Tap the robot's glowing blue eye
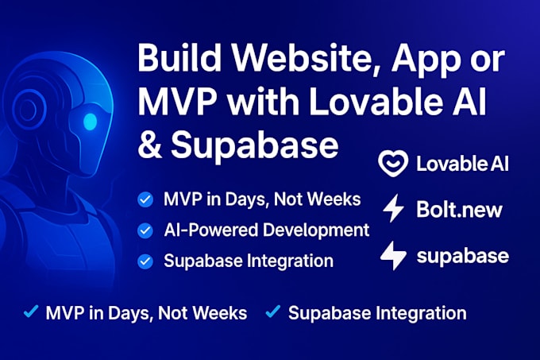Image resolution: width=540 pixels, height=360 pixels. pos(90,122)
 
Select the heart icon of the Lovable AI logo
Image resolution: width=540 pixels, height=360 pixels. pos(393,164)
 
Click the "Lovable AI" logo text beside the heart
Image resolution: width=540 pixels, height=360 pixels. pos(462,165)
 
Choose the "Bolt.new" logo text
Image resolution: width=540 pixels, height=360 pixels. pos(459,210)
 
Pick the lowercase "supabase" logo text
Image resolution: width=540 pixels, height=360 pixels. pos(462,257)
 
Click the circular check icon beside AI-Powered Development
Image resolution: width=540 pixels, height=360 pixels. pos(145,230)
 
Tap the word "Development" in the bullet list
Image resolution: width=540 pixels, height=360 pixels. pos(320,230)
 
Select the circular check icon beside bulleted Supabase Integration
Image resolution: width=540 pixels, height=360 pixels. pos(145,261)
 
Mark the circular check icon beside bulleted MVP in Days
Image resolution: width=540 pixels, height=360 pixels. pos(145,200)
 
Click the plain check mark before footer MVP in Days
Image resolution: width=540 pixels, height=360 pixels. pos(30,312)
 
